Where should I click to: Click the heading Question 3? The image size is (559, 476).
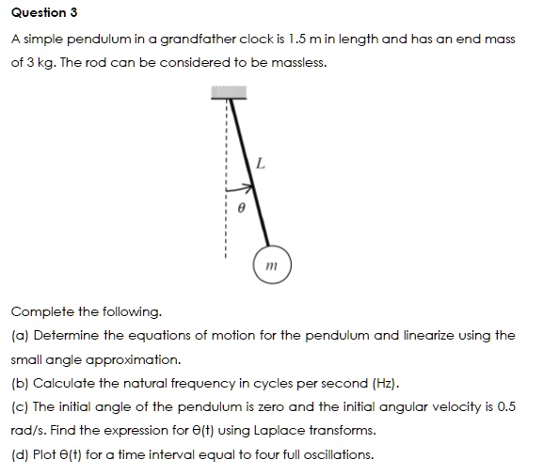coord(44,13)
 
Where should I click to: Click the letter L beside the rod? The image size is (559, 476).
coord(261,165)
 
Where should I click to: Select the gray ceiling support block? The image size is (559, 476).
coord(229,92)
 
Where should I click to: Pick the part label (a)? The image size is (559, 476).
coord(19,335)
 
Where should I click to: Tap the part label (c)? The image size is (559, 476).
coord(19,406)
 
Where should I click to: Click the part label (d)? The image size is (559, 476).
coord(19,455)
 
